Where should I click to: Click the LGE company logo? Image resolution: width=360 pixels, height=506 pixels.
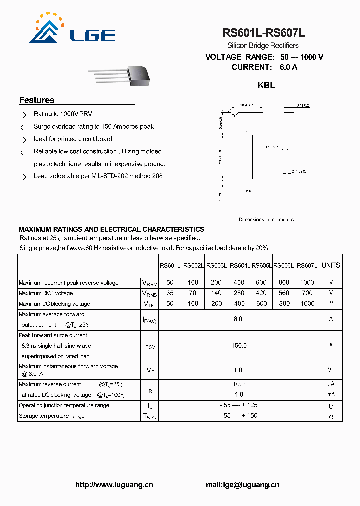coord(72,29)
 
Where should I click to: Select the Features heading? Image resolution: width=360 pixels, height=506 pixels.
coord(37,100)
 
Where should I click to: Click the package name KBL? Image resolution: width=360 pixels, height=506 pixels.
coord(266,85)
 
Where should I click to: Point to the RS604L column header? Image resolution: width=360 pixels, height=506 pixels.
coord(239,266)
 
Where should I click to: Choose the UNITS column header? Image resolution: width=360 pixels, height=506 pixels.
coord(330,265)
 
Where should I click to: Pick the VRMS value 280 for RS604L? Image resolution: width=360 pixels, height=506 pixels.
coord(239,293)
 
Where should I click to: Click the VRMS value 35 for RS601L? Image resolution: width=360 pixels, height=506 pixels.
coord(170,293)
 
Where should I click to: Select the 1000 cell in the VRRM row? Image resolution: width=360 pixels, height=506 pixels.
coord(307,283)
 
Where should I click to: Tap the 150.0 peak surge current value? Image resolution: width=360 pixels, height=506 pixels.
coord(238,345)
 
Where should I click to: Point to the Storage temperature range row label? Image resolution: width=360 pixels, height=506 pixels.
coord(52,416)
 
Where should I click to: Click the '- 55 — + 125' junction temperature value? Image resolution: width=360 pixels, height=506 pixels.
coord(238,405)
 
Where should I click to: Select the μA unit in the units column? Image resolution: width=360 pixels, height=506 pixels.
coord(331,384)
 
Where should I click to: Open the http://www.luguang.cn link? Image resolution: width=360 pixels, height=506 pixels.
coord(114,485)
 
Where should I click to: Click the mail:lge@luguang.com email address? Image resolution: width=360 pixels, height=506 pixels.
coord(242,485)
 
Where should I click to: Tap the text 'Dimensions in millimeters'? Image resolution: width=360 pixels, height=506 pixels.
coord(266,220)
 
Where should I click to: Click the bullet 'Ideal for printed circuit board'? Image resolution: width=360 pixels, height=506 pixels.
coord(73,139)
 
